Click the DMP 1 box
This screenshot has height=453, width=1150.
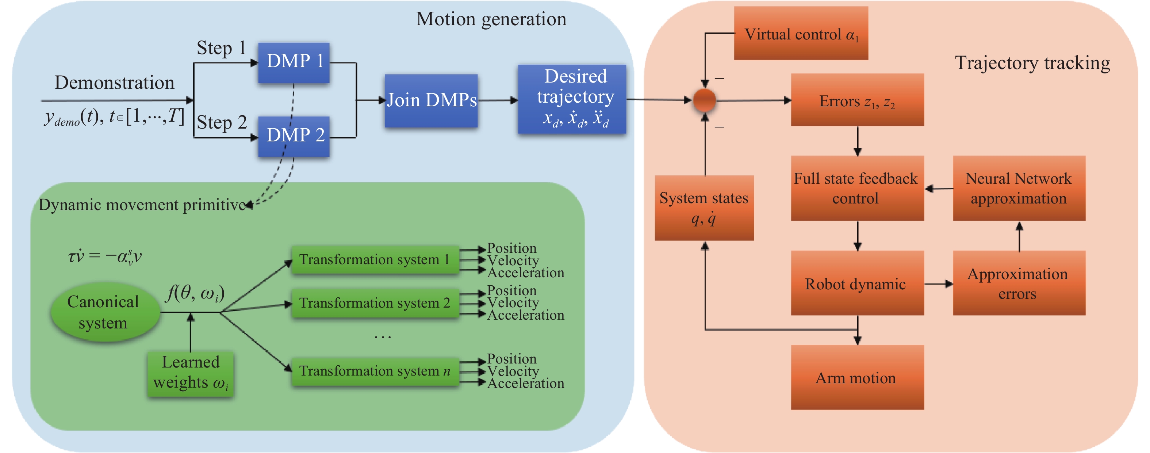tap(294, 62)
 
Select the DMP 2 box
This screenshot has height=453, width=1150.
tap(294, 136)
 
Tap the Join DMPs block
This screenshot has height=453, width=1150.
tap(431, 100)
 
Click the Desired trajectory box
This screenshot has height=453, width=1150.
tap(572, 99)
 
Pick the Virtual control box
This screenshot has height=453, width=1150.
tap(801, 33)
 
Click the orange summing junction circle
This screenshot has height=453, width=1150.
tap(705, 100)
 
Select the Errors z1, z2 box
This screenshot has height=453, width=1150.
tap(858, 100)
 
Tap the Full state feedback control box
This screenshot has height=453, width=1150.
tap(858, 188)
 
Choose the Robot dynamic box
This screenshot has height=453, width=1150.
tap(858, 283)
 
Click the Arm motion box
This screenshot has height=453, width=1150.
tap(858, 377)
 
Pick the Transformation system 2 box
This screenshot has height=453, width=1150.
tap(375, 303)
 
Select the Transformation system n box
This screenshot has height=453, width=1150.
tap(375, 371)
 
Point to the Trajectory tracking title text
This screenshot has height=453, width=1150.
tap(1032, 63)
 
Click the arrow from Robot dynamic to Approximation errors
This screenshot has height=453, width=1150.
tap(938, 284)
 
